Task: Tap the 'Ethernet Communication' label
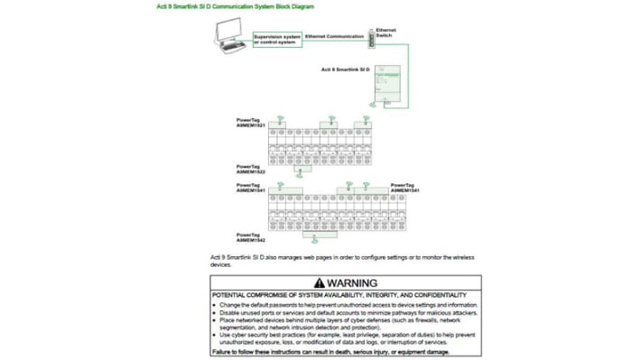334,36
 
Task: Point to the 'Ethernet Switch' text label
386,32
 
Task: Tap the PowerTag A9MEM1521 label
250,122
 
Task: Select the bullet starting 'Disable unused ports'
348,312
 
